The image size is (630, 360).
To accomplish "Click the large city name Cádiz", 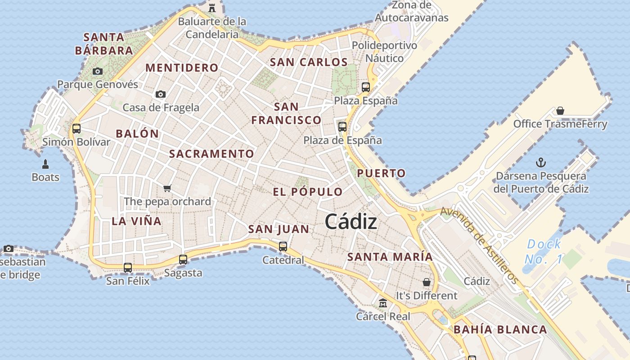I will [x=351, y=221].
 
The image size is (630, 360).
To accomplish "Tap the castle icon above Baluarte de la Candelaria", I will [x=212, y=7].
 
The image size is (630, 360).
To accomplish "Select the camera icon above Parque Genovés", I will [x=98, y=71].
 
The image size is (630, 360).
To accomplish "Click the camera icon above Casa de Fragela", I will [x=161, y=94].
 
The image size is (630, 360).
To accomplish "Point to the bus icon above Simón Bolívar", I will [x=76, y=129].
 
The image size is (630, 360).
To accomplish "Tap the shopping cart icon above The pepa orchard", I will [x=167, y=188].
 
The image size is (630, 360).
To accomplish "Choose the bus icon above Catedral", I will [x=283, y=246].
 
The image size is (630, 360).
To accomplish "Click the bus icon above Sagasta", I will [x=183, y=259].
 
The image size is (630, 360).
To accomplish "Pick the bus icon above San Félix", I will [x=128, y=267].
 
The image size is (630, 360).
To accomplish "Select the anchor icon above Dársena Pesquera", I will [x=541, y=162].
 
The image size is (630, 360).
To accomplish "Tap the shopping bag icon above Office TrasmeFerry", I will [x=560, y=110].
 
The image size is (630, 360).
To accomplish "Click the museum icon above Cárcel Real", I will [x=383, y=303].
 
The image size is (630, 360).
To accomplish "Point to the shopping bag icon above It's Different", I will [x=426, y=282].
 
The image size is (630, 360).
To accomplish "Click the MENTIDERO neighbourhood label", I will [x=182, y=68].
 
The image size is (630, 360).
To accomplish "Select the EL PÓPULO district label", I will [x=308, y=192].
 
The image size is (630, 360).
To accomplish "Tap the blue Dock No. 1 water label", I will [x=544, y=252].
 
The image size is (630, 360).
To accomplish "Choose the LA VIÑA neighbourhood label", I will [x=136, y=221].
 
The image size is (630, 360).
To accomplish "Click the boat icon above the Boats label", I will [x=45, y=164].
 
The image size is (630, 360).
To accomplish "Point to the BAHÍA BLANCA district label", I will [x=500, y=329].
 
